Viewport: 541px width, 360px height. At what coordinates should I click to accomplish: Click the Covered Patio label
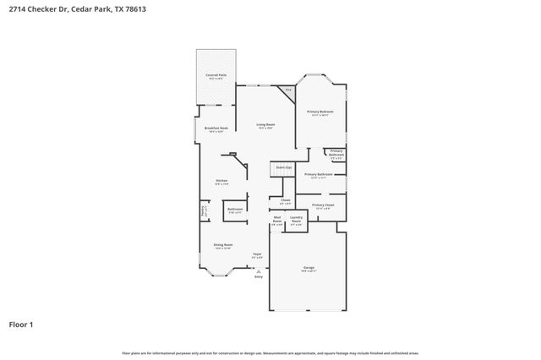(216, 76)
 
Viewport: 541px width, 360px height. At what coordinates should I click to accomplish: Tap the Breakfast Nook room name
(216, 128)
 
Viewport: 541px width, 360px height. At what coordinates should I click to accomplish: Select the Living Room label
(265, 126)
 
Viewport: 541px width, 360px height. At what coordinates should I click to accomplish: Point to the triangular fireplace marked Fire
(288, 90)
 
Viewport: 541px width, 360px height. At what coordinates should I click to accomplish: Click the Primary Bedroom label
(320, 112)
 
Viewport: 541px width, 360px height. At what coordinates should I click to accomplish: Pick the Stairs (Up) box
(283, 168)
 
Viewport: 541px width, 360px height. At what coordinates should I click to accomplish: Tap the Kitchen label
(221, 181)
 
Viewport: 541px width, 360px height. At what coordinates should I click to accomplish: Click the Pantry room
(203, 211)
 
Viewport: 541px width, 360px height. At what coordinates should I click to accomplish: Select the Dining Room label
(222, 247)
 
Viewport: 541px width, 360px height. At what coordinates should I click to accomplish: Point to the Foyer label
(258, 254)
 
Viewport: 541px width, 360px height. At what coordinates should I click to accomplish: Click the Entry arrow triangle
(259, 270)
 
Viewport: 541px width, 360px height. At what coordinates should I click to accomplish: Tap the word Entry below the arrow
(259, 277)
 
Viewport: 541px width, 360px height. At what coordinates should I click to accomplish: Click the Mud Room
(277, 223)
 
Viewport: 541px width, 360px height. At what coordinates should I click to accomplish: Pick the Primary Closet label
(323, 206)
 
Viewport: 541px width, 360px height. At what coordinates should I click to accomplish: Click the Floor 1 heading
(21, 324)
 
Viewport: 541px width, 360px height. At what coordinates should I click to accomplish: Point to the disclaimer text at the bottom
(270, 352)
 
